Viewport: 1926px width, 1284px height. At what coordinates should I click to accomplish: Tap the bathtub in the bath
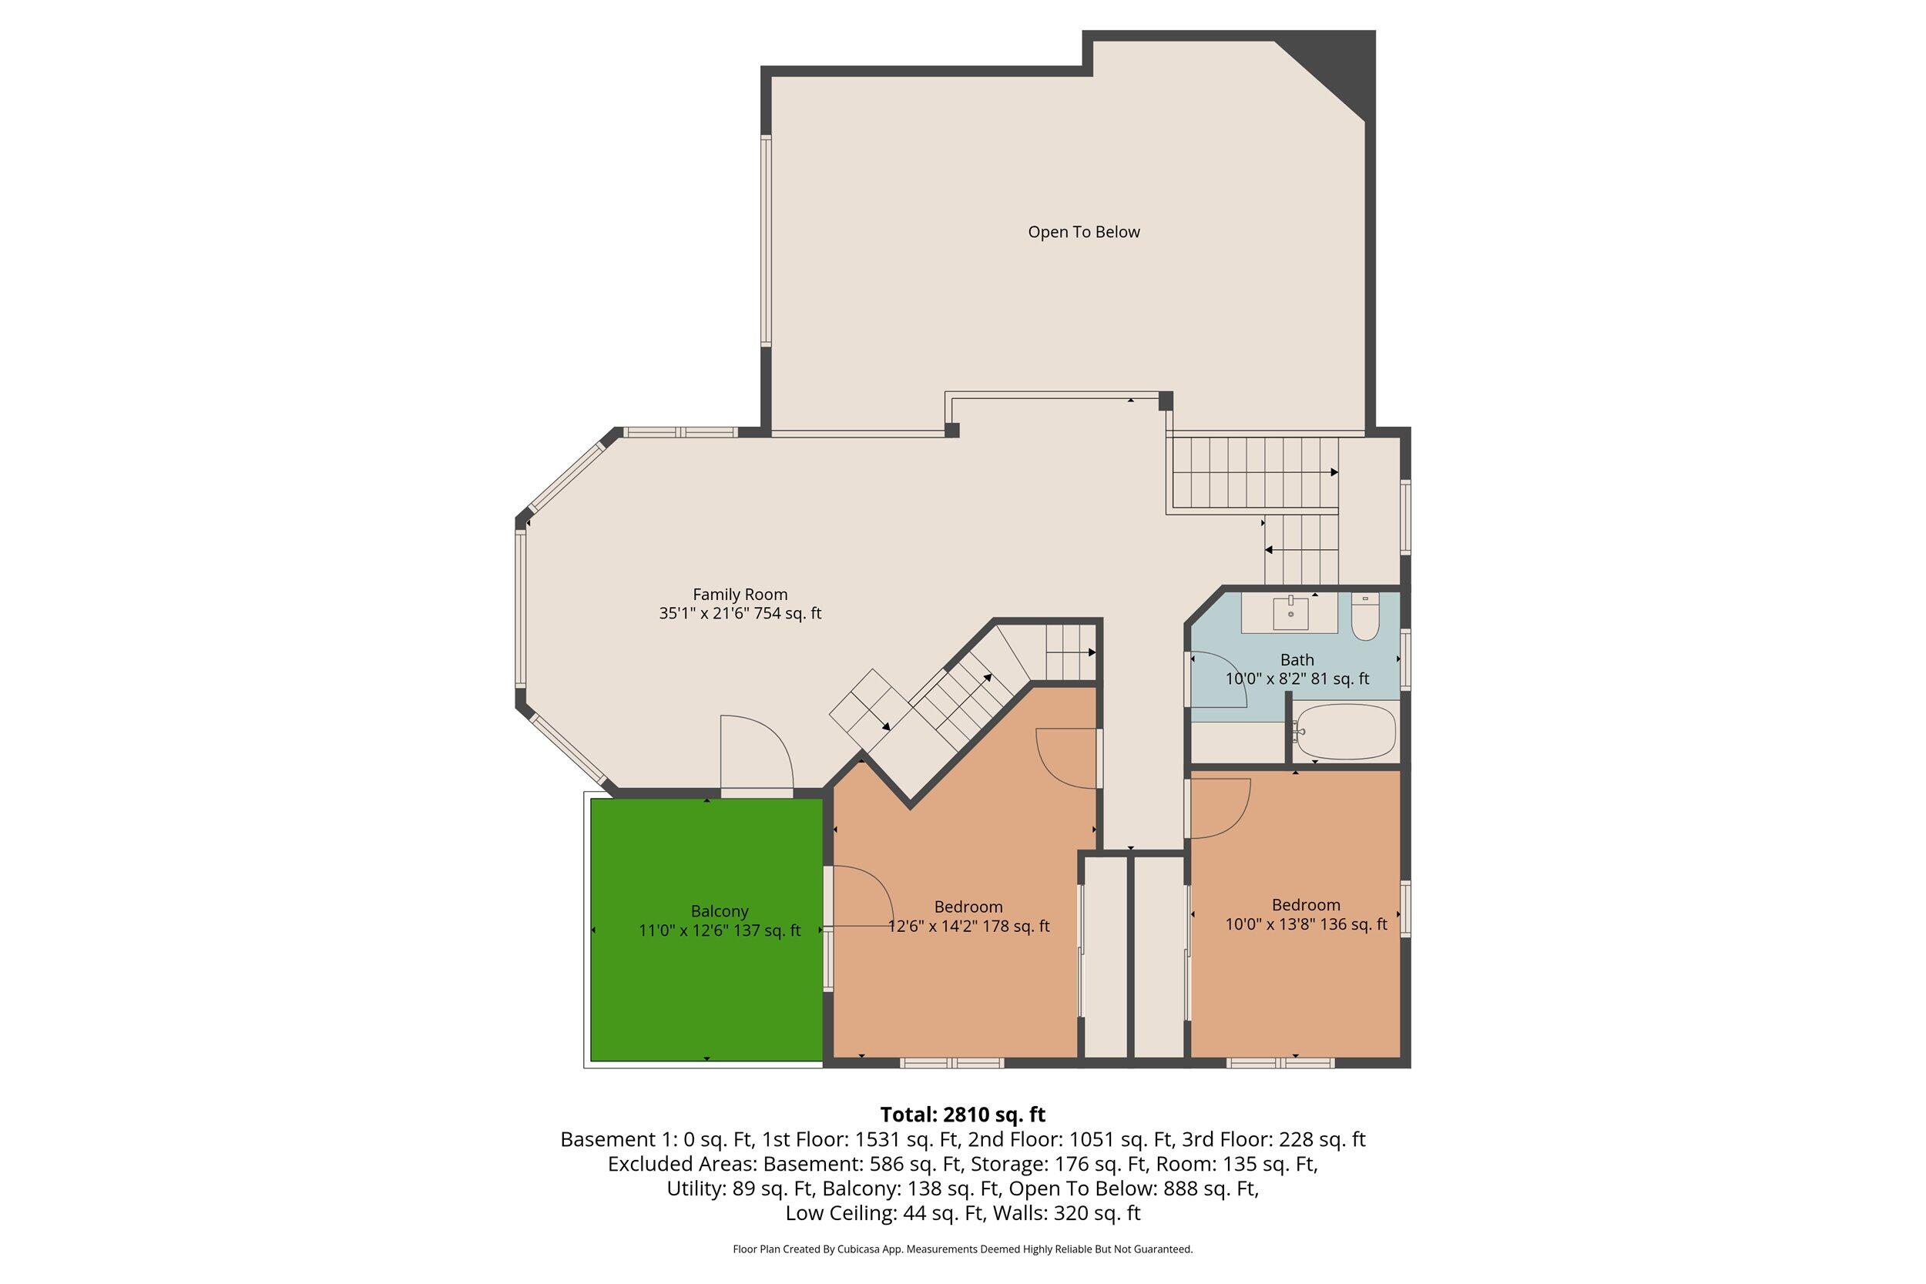1344,731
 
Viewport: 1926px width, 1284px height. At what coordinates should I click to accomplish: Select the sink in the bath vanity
1290,610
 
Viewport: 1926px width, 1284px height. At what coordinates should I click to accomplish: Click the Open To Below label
1083,232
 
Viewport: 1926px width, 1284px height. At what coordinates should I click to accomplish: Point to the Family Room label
740,595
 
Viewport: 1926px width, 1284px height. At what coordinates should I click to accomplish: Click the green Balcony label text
719,910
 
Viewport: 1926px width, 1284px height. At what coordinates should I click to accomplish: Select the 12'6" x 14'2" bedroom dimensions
968,926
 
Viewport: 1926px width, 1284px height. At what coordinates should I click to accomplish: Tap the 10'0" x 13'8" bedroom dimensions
1305,924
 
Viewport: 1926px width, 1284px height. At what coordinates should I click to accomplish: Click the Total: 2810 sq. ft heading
962,1115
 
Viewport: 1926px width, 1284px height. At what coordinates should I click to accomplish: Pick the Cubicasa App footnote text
962,1249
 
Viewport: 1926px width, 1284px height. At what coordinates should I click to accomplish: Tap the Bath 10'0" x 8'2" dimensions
1297,679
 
